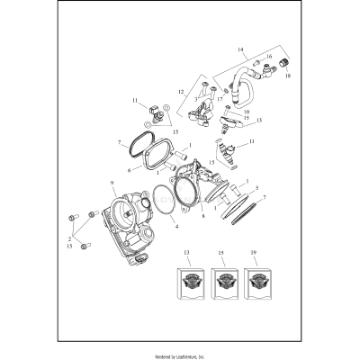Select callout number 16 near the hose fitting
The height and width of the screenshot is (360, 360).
(269, 56)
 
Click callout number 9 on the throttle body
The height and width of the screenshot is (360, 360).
(112, 184)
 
